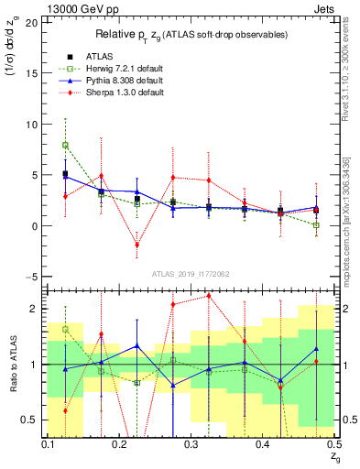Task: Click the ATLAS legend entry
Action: tap(87, 56)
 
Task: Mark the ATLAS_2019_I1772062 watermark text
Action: tap(190, 273)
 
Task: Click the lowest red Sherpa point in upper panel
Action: tap(136, 245)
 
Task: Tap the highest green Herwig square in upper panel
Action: tap(65, 145)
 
